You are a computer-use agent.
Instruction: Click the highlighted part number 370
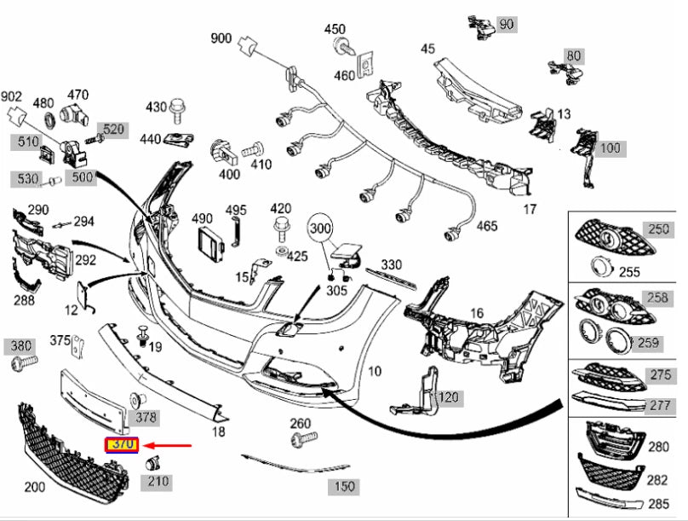pos(119,445)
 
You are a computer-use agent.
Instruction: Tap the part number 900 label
pos(221,38)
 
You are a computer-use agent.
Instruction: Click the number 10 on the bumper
pos(376,371)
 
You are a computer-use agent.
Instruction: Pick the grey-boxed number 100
pos(610,148)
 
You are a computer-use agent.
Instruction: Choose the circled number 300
pos(320,229)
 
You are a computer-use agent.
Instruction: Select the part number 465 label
pos(486,226)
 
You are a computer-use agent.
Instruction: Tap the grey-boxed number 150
pos(343,487)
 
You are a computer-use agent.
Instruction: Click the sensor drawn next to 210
pos(154,463)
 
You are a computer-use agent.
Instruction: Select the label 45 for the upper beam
pos(427,49)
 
